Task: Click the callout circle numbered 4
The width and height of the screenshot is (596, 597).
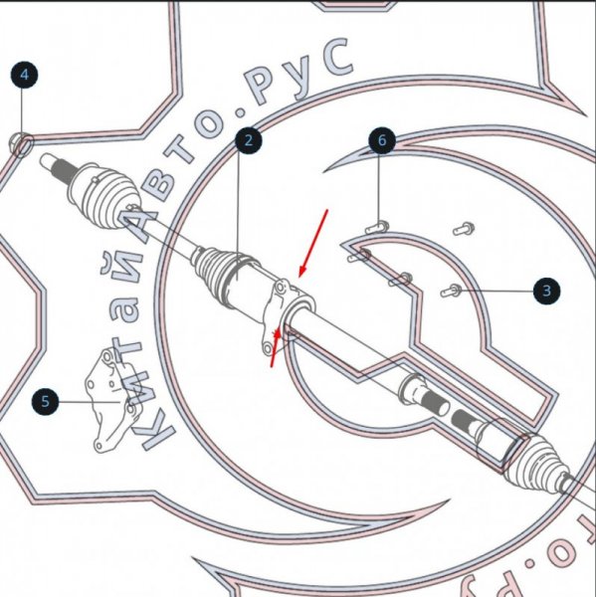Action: [24, 74]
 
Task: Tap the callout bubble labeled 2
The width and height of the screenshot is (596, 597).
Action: [249, 140]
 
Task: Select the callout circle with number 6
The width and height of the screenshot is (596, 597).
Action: [380, 140]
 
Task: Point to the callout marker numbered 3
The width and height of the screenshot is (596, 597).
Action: [545, 291]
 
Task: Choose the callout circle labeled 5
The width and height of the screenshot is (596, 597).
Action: [44, 402]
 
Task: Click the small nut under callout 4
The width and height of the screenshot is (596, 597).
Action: [21, 143]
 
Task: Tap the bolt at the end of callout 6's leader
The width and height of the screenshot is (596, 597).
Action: [375, 228]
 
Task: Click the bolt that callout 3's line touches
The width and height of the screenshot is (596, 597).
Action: [449, 291]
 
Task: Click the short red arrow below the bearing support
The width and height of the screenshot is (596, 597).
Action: [276, 348]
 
